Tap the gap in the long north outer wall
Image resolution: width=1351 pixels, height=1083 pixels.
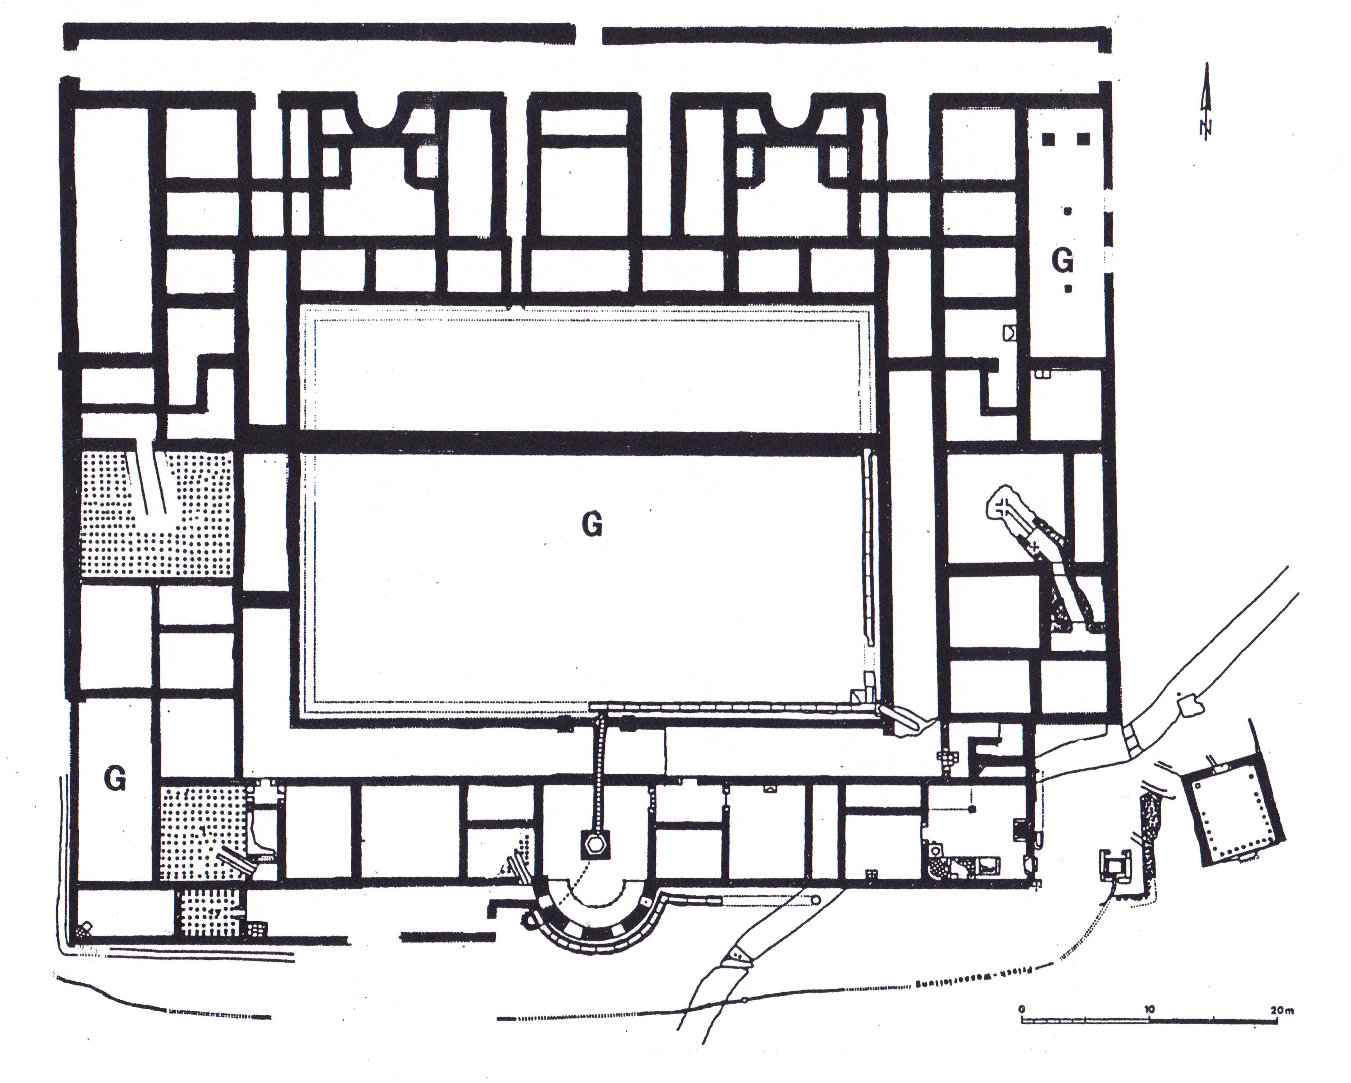click(x=589, y=35)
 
